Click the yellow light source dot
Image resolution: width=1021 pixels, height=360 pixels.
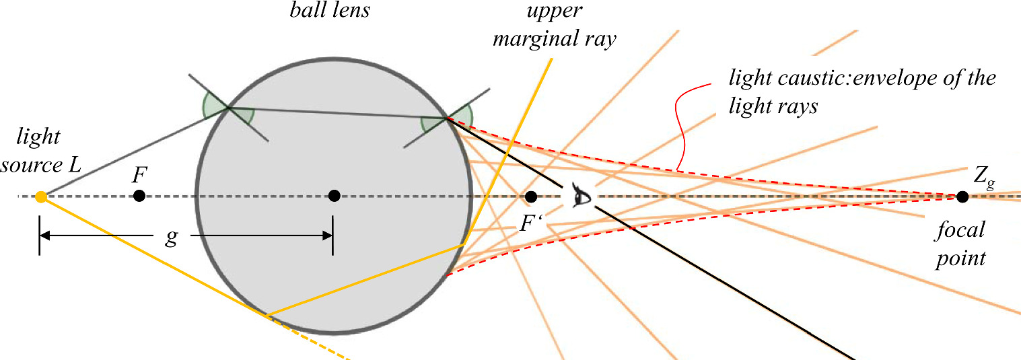[40, 196]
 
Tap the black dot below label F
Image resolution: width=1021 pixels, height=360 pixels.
[139, 196]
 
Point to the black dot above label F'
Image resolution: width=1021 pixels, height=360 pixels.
[530, 196]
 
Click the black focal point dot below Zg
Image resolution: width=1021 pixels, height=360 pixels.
[962, 196]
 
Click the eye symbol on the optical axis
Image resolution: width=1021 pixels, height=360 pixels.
[579, 196]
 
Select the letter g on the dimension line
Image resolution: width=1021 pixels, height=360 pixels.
[172, 238]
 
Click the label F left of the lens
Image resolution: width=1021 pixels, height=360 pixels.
[139, 176]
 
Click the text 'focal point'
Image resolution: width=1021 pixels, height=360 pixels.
[961, 244]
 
